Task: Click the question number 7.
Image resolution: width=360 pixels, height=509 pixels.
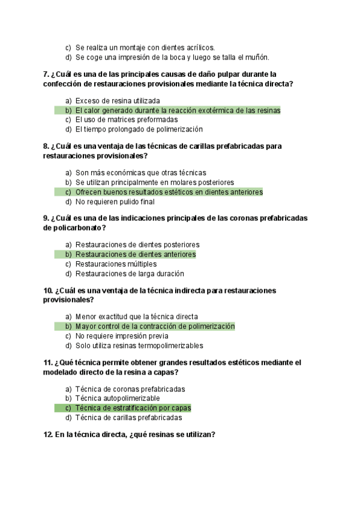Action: pos(46,74)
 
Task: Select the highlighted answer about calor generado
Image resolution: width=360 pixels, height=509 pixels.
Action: pos(178,110)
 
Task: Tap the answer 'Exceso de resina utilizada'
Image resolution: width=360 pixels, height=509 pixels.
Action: pos(118,101)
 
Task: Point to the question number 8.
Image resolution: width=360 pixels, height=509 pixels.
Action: pos(46,146)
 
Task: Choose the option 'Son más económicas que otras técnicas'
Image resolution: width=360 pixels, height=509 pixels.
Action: pos(140,172)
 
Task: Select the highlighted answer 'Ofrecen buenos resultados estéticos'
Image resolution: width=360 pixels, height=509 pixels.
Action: pos(169,192)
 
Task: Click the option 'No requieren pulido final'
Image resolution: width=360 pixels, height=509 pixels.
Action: pos(115,202)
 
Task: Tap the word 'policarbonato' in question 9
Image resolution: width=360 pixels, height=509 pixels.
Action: pos(79,227)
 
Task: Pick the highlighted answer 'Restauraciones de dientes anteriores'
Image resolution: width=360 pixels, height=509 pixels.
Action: pos(135,254)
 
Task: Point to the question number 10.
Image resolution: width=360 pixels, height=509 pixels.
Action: pos(48,291)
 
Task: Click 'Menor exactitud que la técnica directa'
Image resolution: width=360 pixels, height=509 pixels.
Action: pos(136,316)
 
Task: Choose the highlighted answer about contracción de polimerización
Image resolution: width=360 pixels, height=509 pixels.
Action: pos(155,327)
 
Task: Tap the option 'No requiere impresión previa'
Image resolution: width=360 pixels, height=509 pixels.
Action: pos(121,336)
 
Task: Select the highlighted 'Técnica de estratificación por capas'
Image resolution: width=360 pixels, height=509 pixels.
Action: pos(133,408)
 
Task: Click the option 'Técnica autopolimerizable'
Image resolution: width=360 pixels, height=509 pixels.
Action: pos(117,399)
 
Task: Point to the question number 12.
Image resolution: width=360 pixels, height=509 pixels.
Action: pos(48,435)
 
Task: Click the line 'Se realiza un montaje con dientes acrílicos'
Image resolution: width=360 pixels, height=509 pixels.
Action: pos(145,47)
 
